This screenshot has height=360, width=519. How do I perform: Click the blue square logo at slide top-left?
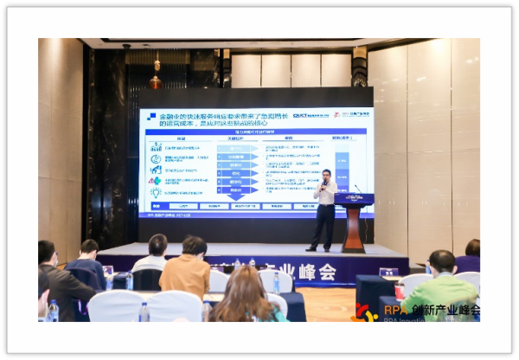click(152, 116)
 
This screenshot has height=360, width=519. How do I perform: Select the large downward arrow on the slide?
click(236, 172)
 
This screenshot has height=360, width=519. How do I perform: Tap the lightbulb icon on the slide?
click(156, 192)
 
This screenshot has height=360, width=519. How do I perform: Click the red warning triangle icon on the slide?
click(156, 170)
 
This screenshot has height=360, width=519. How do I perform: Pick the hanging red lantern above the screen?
click(156, 81)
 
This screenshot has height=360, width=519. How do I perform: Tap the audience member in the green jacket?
click(442, 286)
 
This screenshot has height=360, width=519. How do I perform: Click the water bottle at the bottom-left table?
click(53, 311)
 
